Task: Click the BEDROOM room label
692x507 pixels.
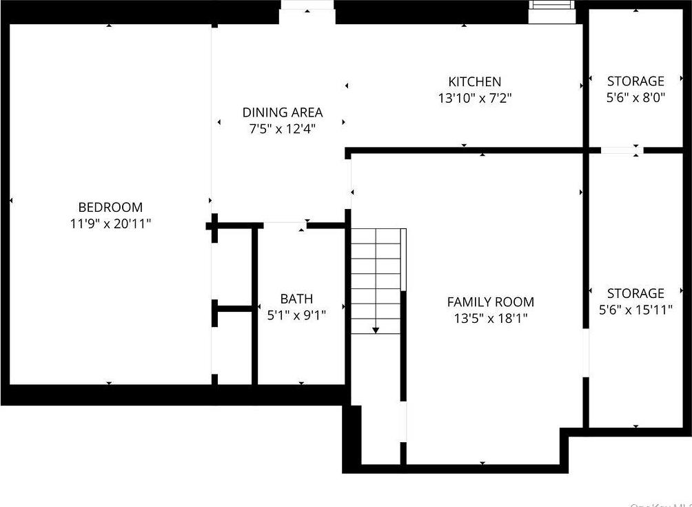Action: pos(110,207)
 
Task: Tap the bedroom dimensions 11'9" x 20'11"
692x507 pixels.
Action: pos(110,223)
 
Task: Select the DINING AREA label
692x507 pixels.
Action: pos(283,112)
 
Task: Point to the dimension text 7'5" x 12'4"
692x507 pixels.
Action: pos(283,128)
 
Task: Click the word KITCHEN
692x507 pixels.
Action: pos(475,82)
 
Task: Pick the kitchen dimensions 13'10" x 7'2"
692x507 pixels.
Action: pos(475,99)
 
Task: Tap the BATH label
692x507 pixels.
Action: pos(296,299)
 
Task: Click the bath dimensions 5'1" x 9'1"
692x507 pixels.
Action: pos(296,315)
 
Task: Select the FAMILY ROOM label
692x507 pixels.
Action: pos(491,301)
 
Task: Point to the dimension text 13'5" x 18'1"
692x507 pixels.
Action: pos(491,318)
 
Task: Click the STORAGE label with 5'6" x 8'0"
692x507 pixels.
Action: pos(635,81)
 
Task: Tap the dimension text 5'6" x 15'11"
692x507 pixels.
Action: pos(635,310)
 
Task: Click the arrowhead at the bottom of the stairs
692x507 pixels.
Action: pos(376,330)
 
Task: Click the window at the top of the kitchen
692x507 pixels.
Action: pos(551,5)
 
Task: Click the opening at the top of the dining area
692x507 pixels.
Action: pos(307,6)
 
